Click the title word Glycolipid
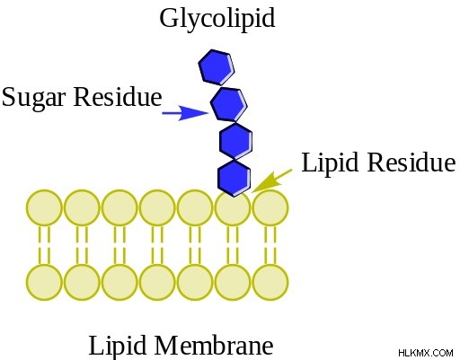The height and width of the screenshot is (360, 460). click(217, 19)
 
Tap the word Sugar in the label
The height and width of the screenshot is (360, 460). click(33, 98)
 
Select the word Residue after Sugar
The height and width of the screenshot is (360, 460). click(118, 96)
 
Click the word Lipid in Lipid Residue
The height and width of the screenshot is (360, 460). click(330, 163)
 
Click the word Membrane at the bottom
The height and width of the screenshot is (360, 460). click(214, 345)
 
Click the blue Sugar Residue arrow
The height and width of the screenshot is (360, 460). click(185, 113)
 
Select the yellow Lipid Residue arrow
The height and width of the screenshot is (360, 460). click(271, 180)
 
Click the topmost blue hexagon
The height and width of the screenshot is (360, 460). click(217, 67)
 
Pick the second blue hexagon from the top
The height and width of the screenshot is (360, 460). click(229, 104)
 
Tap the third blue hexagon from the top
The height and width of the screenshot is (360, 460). click(235, 141)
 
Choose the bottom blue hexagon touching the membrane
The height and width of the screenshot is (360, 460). click(234, 178)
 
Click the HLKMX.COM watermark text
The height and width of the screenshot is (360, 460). click(426, 353)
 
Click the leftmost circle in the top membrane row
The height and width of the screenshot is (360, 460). click(44, 207)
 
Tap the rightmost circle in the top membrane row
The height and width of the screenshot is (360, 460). click(270, 207)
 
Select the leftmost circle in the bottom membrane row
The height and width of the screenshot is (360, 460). click(44, 282)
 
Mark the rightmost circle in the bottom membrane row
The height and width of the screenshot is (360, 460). click(270, 282)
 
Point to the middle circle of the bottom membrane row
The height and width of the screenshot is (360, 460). click(157, 282)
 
